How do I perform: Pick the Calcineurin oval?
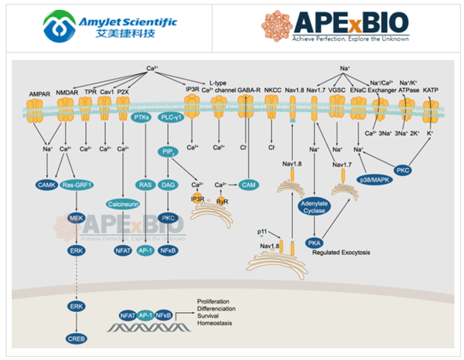click(124, 204)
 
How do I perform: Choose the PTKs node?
click(142, 117)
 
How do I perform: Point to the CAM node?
click(247, 185)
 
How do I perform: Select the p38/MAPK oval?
click(371, 178)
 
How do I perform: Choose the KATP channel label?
click(430, 90)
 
